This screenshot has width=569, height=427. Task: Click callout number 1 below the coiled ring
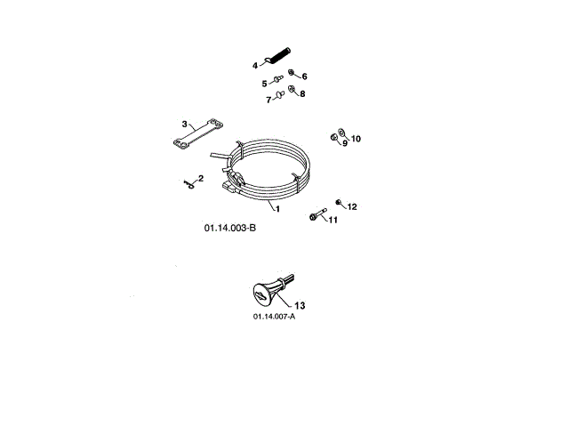click(277, 209)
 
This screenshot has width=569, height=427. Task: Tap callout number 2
click(200, 179)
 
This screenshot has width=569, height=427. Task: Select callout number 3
click(184, 124)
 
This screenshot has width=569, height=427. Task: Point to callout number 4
click(255, 65)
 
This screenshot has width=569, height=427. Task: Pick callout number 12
click(352, 206)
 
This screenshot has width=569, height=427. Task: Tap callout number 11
click(333, 219)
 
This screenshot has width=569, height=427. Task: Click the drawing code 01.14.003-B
click(229, 228)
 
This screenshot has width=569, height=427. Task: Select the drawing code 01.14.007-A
click(274, 317)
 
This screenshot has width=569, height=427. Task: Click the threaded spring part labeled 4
click(281, 56)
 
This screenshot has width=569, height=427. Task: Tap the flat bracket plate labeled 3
click(194, 138)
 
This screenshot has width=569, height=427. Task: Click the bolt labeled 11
click(317, 215)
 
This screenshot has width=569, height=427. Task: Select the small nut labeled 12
click(339, 203)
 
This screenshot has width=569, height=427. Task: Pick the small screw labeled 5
click(276, 81)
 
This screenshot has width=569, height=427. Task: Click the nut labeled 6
click(292, 74)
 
